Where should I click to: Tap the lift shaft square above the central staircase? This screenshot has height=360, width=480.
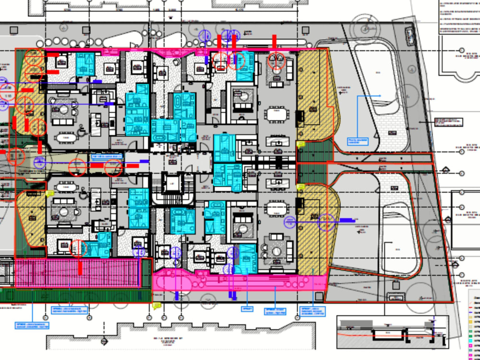click(171, 180)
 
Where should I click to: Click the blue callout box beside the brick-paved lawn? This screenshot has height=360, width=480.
click(357, 142)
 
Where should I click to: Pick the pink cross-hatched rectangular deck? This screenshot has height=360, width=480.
click(79, 273)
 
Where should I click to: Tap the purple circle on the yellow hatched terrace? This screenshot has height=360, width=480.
click(326, 222)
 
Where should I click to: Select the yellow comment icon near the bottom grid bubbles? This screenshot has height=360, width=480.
click(156, 305)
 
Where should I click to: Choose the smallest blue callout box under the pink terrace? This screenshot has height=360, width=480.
click(247, 308)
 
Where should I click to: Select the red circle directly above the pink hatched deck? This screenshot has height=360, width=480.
click(78, 248)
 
